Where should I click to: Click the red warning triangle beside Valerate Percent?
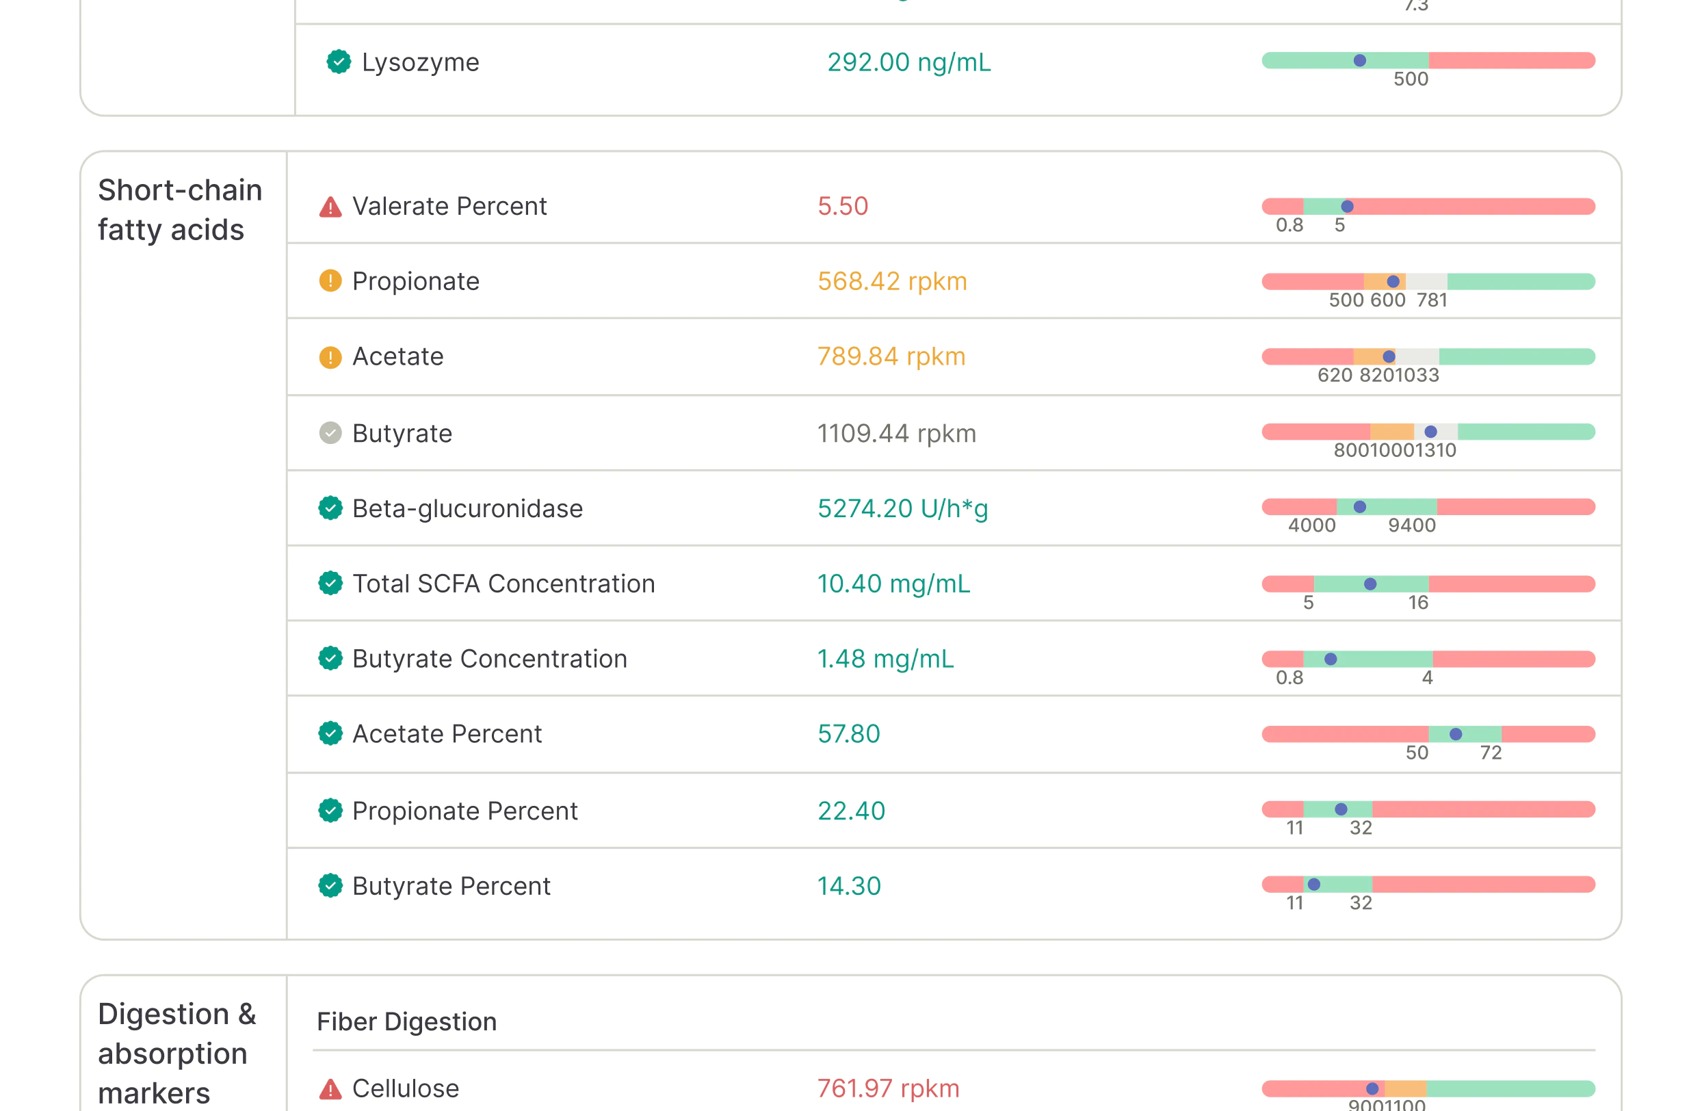click(x=330, y=207)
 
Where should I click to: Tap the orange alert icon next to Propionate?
click(x=330, y=281)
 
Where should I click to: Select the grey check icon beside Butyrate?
click(x=330, y=432)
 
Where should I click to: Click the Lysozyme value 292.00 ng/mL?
click(x=908, y=62)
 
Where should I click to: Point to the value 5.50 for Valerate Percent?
click(x=842, y=206)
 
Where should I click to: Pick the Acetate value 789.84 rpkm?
click(x=891, y=356)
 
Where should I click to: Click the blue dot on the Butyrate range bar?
click(x=1430, y=432)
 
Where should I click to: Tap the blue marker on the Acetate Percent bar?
click(x=1455, y=734)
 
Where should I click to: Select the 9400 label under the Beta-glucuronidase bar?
click(x=1412, y=525)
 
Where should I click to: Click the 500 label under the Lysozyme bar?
click(x=1410, y=79)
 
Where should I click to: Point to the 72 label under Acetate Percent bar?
click(x=1491, y=753)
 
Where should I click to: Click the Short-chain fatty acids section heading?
click(x=180, y=210)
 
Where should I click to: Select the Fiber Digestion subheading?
click(x=406, y=1021)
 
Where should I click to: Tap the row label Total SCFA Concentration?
click(x=503, y=584)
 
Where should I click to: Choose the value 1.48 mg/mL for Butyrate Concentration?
click(x=885, y=658)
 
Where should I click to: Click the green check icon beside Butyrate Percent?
click(x=330, y=885)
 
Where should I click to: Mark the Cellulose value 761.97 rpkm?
click(x=888, y=1088)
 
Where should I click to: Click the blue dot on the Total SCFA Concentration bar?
click(x=1370, y=584)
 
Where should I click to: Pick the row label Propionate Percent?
click(x=464, y=811)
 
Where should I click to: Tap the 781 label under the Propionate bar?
click(x=1432, y=300)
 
